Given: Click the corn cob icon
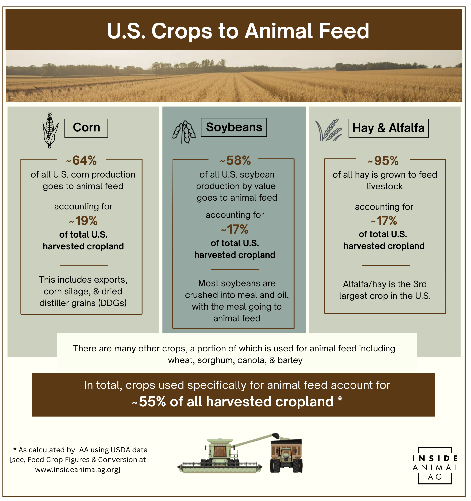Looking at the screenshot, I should point(50,130).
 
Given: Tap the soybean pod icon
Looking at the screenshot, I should point(184,132).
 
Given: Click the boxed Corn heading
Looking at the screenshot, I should point(86,128).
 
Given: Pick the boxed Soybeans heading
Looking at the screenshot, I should point(234,127).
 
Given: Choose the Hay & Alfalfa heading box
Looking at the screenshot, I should point(388,128).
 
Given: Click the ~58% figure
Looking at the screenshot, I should point(236,160).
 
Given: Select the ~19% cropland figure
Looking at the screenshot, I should point(84,221).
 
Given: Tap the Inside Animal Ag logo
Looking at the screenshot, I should point(435,465).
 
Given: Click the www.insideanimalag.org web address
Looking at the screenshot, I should point(78,469).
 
